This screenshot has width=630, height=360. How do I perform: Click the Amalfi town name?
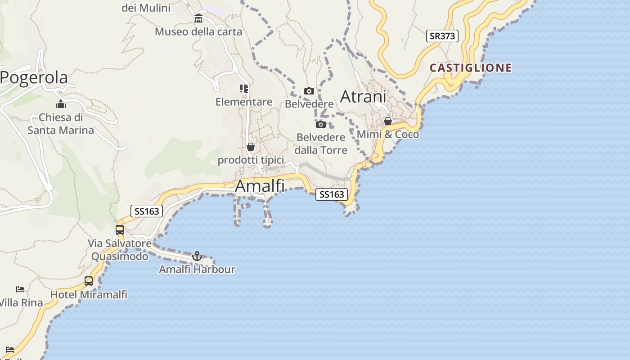pyautogui.click(x=260, y=186)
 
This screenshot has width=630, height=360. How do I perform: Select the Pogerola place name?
pyautogui.click(x=34, y=77)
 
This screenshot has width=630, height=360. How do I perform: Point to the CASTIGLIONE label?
pyautogui.click(x=470, y=68)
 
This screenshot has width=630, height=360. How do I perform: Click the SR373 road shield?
pyautogui.click(x=442, y=36)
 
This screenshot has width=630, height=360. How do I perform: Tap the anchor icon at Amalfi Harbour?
pyautogui.click(x=197, y=256)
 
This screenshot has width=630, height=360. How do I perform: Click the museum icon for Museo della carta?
pyautogui.click(x=198, y=18)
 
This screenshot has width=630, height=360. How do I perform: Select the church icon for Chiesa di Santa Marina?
pyautogui.click(x=61, y=104)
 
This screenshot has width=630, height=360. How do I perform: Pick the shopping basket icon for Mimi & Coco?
pyautogui.click(x=387, y=121)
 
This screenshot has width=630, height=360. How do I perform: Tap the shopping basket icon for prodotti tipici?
pyautogui.click(x=251, y=147)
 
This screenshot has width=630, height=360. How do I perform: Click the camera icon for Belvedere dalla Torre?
pyautogui.click(x=320, y=124)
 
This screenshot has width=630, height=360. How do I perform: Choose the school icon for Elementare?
pyautogui.click(x=243, y=89)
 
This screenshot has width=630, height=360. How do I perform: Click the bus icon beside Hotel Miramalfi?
pyautogui.click(x=89, y=281)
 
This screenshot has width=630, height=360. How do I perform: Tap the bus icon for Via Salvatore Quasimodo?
pyautogui.click(x=119, y=229)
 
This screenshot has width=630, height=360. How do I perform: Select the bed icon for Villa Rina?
pyautogui.click(x=20, y=289)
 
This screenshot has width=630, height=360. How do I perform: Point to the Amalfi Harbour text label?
pyautogui.click(x=197, y=270)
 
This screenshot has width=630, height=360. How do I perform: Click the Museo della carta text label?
pyautogui.click(x=198, y=32)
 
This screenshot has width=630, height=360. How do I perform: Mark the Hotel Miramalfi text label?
pyautogui.click(x=89, y=295)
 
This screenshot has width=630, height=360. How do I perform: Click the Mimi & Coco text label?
pyautogui.click(x=387, y=135)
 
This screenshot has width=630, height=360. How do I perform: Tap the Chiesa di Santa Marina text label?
pyautogui.click(x=61, y=124)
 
